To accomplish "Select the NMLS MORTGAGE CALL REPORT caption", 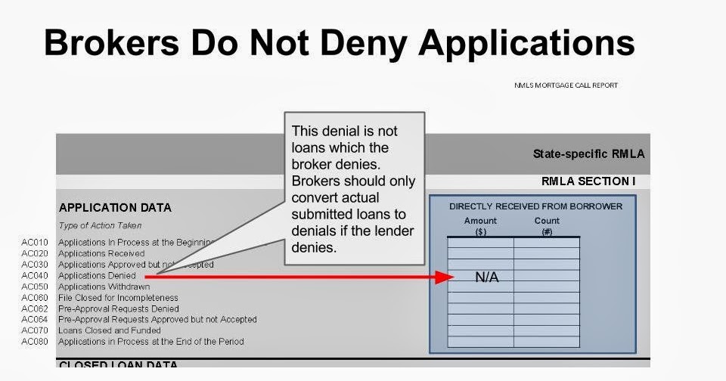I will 566,85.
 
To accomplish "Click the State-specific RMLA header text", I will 588,154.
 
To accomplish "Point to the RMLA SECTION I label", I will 595,181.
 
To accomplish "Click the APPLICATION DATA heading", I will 115,207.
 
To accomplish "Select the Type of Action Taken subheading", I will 100,225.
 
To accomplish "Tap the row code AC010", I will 35,243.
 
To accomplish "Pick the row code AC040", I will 35,276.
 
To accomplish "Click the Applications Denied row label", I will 97,276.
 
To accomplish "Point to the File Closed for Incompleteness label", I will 118,298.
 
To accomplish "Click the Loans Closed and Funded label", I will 110,330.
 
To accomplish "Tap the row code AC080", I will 35,342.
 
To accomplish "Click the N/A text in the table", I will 487,277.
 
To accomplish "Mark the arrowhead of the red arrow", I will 447,277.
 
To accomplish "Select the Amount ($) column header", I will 480,226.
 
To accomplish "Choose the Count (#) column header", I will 547,226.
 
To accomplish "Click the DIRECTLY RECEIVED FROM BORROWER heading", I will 535,206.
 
